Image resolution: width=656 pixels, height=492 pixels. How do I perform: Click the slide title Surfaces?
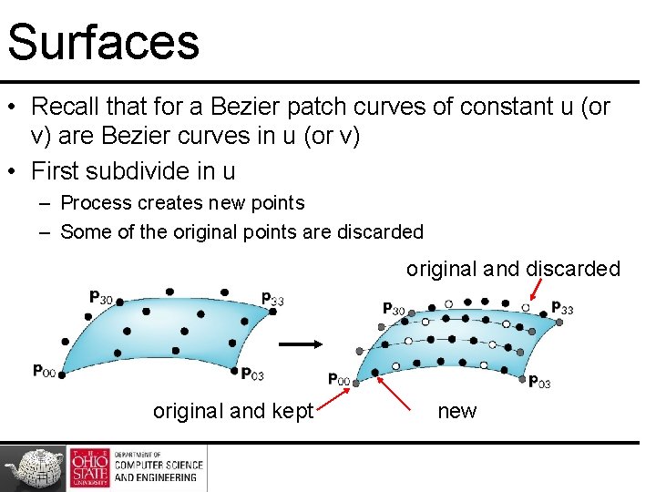(103, 42)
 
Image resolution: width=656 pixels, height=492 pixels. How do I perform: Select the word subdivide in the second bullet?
(138, 170)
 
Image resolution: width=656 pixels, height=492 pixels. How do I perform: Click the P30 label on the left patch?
(100, 296)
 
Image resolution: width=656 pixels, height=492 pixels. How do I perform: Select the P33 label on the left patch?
(272, 298)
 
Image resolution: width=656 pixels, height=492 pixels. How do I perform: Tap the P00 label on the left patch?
(44, 370)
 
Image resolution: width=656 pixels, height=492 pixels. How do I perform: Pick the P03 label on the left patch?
(252, 373)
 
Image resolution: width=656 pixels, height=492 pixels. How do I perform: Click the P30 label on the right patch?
(394, 309)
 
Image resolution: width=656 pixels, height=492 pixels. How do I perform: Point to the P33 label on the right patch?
(562, 309)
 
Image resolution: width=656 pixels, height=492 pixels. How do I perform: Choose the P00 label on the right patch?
(338, 378)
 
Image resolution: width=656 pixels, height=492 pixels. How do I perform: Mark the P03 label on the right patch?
(539, 383)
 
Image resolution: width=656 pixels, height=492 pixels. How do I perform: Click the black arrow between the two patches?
(297, 344)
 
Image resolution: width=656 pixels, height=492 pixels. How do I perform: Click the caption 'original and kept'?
(233, 411)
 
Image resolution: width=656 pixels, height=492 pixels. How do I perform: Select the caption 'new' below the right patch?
(456, 411)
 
